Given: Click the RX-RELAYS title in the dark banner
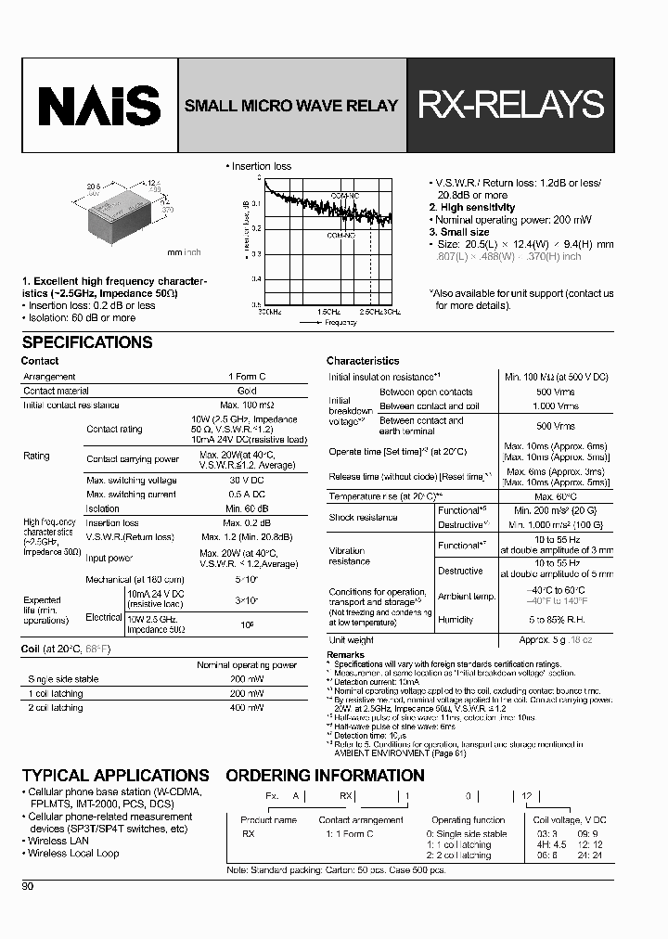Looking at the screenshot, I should point(511,105).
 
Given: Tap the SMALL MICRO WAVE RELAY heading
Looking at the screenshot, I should point(290,106).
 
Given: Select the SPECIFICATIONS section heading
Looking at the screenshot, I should point(86,342).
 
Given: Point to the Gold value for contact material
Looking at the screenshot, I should point(246,392).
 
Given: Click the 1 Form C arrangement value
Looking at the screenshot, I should point(246,377).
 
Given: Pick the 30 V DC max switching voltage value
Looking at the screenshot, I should point(246,481).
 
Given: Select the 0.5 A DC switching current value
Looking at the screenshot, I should point(246,495).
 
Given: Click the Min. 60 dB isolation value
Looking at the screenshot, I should point(246,508).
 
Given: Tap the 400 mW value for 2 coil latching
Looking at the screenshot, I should point(246,708).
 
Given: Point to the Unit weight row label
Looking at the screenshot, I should point(352,640).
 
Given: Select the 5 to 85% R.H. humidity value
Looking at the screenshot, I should point(556,620).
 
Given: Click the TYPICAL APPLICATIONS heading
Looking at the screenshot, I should point(115,776).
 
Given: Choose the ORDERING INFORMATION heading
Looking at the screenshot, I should point(325,776).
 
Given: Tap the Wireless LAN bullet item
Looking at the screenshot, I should point(59,841).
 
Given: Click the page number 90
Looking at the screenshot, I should point(28,886).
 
